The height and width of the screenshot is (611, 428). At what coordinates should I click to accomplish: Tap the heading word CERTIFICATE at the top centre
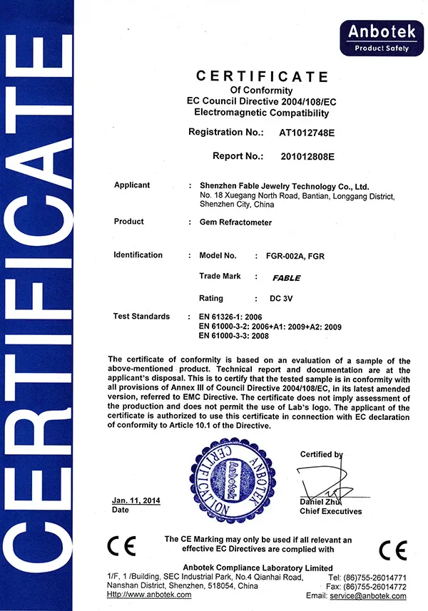pos(262,77)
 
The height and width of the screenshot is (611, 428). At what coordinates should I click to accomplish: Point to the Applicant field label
pos(132,185)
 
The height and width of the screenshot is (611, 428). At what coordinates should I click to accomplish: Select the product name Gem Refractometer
pos(236,222)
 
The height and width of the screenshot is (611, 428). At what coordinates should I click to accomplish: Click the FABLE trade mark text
pos(287,277)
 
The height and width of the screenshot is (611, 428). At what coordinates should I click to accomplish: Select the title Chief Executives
pos(330,511)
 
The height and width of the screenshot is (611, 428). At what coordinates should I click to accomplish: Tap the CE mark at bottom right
pos(392,550)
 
